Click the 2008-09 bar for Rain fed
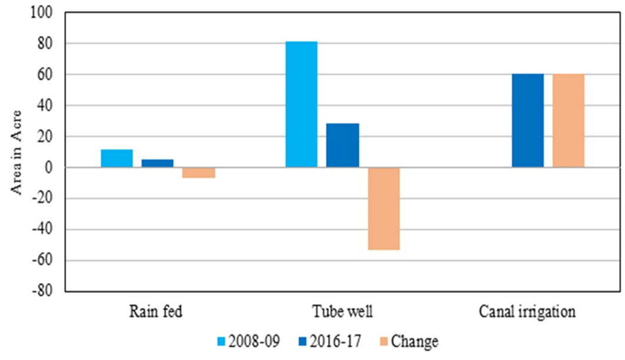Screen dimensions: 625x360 point(117,158)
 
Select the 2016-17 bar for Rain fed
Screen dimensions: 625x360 point(157,163)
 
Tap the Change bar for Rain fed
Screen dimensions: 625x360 point(199,173)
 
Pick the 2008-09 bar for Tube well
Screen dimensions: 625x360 point(302,104)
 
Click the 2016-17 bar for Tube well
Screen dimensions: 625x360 point(343,146)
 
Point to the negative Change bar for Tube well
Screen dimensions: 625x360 point(384,209)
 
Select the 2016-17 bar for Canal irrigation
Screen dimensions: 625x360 point(528,121)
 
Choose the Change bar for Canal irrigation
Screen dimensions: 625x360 point(568,121)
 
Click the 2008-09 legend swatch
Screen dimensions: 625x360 point(221,342)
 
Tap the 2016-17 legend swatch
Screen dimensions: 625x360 point(303,342)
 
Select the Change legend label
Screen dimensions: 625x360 point(415,342)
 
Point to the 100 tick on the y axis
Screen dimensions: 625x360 point(41,12)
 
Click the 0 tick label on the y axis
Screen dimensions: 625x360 point(49,168)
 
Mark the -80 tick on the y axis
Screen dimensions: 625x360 point(42,290)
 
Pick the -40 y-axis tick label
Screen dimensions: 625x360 point(42,230)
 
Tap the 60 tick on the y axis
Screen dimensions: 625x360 point(45,75)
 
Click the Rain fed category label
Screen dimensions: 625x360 point(156,311)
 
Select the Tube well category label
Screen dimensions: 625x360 point(343,311)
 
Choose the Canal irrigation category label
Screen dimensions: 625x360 point(527,312)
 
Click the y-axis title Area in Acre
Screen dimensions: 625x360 point(16,153)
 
